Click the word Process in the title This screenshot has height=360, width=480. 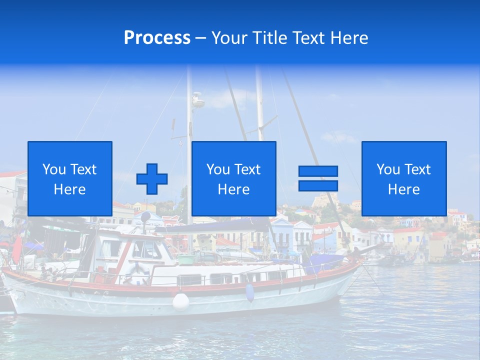click(x=157, y=38)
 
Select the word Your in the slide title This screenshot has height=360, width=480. click(x=229, y=38)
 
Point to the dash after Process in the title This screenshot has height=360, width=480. click(x=200, y=38)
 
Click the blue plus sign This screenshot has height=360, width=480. click(x=152, y=179)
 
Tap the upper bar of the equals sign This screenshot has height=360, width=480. click(x=318, y=171)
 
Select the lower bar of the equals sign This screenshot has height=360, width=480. click(x=318, y=186)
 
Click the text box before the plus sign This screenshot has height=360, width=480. click(x=69, y=178)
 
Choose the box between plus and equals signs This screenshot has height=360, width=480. click(x=233, y=178)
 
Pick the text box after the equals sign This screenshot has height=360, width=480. click(x=403, y=178)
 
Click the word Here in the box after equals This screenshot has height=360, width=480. click(x=403, y=189)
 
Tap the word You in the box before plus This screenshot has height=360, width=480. click(x=53, y=169)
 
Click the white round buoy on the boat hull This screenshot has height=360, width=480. click(x=181, y=301)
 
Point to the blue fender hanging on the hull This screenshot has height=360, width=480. click(x=249, y=293)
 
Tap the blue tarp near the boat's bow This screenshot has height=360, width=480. click(x=325, y=262)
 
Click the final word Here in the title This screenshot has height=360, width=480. click(x=350, y=38)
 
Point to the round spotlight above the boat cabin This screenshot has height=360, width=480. click(x=145, y=216)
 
